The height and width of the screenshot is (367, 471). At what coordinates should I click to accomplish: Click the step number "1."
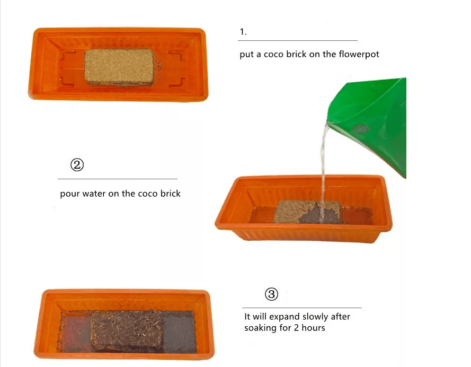click(243, 32)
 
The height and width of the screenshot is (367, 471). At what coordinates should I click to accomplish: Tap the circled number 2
click(77, 165)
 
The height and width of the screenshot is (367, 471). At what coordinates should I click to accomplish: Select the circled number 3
click(271, 294)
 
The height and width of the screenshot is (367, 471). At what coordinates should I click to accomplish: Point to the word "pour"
click(70, 194)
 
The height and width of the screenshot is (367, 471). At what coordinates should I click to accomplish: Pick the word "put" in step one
click(246, 55)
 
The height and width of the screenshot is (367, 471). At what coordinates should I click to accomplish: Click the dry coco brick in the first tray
click(119, 67)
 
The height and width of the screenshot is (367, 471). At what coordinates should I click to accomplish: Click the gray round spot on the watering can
click(360, 129)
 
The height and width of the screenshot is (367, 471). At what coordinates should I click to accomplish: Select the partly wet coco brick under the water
click(308, 212)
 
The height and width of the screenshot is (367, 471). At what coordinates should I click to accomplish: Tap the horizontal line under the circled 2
click(118, 179)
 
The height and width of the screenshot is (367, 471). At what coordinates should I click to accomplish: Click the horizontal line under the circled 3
click(302, 308)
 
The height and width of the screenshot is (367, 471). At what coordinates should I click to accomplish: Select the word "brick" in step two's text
click(170, 193)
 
